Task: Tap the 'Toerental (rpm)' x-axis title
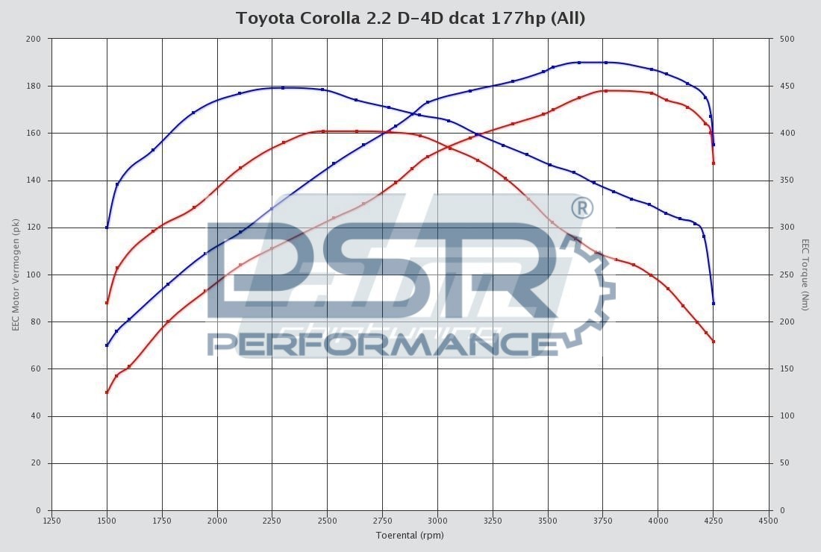tap(410, 535)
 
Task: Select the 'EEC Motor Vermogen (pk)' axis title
tap(16, 275)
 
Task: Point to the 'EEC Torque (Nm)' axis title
tap(805, 275)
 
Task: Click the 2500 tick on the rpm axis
tap(327, 521)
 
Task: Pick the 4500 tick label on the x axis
tap(768, 521)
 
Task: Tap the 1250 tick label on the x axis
tap(52, 521)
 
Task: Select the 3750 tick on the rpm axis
tap(602, 521)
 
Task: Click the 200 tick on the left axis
tap(34, 39)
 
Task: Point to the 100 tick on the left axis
tap(34, 275)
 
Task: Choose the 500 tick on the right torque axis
tap(786, 39)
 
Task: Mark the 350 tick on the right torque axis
tap(786, 181)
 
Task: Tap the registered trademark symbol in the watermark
tap(581, 208)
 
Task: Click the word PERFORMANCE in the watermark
tap(382, 343)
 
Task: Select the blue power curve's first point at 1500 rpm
tap(107, 345)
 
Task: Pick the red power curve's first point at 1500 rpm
tap(107, 392)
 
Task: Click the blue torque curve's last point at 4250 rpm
tap(714, 304)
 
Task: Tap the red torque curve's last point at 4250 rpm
tap(714, 342)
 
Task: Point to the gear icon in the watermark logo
tap(590, 295)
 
